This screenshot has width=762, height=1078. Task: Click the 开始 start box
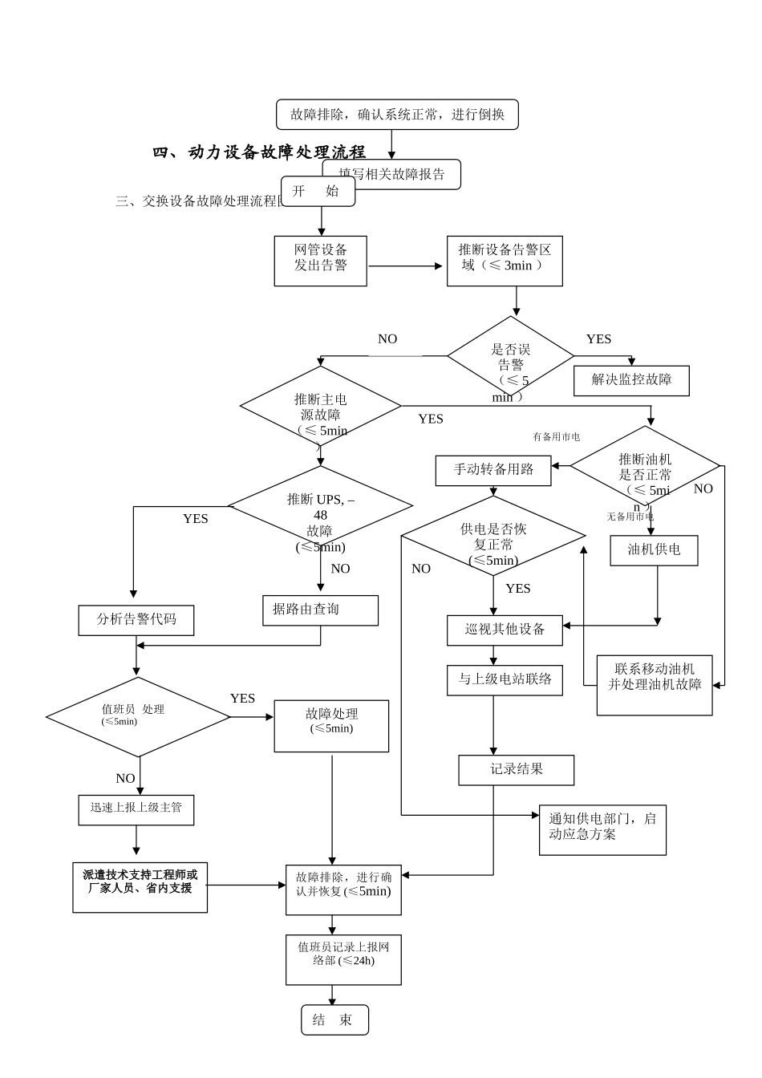tap(318, 191)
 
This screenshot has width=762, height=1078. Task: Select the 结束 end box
tap(334, 1020)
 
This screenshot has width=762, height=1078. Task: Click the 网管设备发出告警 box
tap(321, 261)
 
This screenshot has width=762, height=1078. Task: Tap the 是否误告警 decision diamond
tap(510, 357)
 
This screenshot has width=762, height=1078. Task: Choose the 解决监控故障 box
tap(632, 379)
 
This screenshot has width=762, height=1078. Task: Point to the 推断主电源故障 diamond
tap(321, 407)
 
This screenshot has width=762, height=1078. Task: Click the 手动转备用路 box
tap(493, 470)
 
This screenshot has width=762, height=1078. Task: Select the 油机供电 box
tap(654, 549)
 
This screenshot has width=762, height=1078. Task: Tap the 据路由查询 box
tap(320, 610)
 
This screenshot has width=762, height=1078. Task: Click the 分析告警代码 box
tap(136, 620)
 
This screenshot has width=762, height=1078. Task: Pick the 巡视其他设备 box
tap(505, 630)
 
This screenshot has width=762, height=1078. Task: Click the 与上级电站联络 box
tap(505, 679)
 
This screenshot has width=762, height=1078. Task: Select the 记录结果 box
tap(517, 769)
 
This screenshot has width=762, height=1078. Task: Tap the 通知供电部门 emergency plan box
tap(602, 828)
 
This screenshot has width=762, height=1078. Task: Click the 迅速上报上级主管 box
tap(136, 808)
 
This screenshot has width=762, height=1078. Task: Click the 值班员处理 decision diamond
tap(138, 715)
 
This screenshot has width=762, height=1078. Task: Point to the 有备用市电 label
tap(556, 437)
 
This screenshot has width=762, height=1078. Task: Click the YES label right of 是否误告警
tap(598, 339)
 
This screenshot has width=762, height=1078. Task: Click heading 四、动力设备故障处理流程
tap(259, 152)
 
